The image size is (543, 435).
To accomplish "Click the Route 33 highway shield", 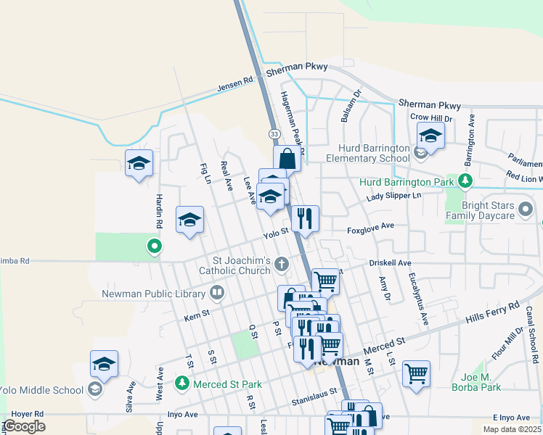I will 274,134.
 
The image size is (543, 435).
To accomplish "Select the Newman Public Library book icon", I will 216,293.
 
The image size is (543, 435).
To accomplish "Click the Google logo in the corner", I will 24,426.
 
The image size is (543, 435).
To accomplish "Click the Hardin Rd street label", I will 158,209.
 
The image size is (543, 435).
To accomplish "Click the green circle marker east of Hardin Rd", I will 154,247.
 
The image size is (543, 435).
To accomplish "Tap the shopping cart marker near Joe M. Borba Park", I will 416,374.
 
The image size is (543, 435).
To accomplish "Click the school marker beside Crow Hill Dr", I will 430,136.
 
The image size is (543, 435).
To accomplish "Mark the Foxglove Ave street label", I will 370,226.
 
